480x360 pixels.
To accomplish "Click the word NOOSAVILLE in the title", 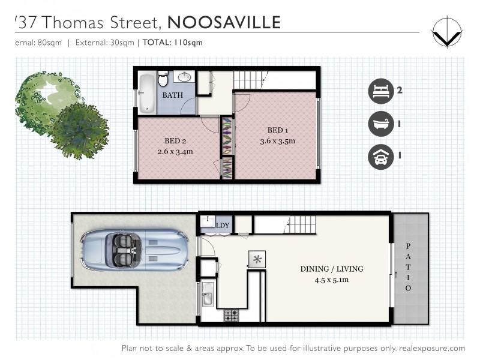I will [224, 23].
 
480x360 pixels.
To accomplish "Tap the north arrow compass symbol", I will [447, 32].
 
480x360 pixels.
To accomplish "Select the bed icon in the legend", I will [379, 92].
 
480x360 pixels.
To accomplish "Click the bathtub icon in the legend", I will [379, 125].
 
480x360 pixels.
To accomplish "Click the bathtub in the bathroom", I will [146, 92].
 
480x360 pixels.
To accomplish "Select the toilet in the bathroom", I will [163, 79].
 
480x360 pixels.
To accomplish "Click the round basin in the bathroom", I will [184, 77].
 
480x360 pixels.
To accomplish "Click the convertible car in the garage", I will [134, 249].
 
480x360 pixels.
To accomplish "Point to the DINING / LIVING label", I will [331, 269].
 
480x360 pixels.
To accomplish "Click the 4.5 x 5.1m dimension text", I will [331, 279].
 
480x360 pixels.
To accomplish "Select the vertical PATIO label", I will [408, 266].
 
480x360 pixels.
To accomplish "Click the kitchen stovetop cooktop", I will [231, 316].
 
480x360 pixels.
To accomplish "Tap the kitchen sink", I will [206, 297].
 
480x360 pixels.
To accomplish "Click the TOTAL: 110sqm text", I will [173, 43].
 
